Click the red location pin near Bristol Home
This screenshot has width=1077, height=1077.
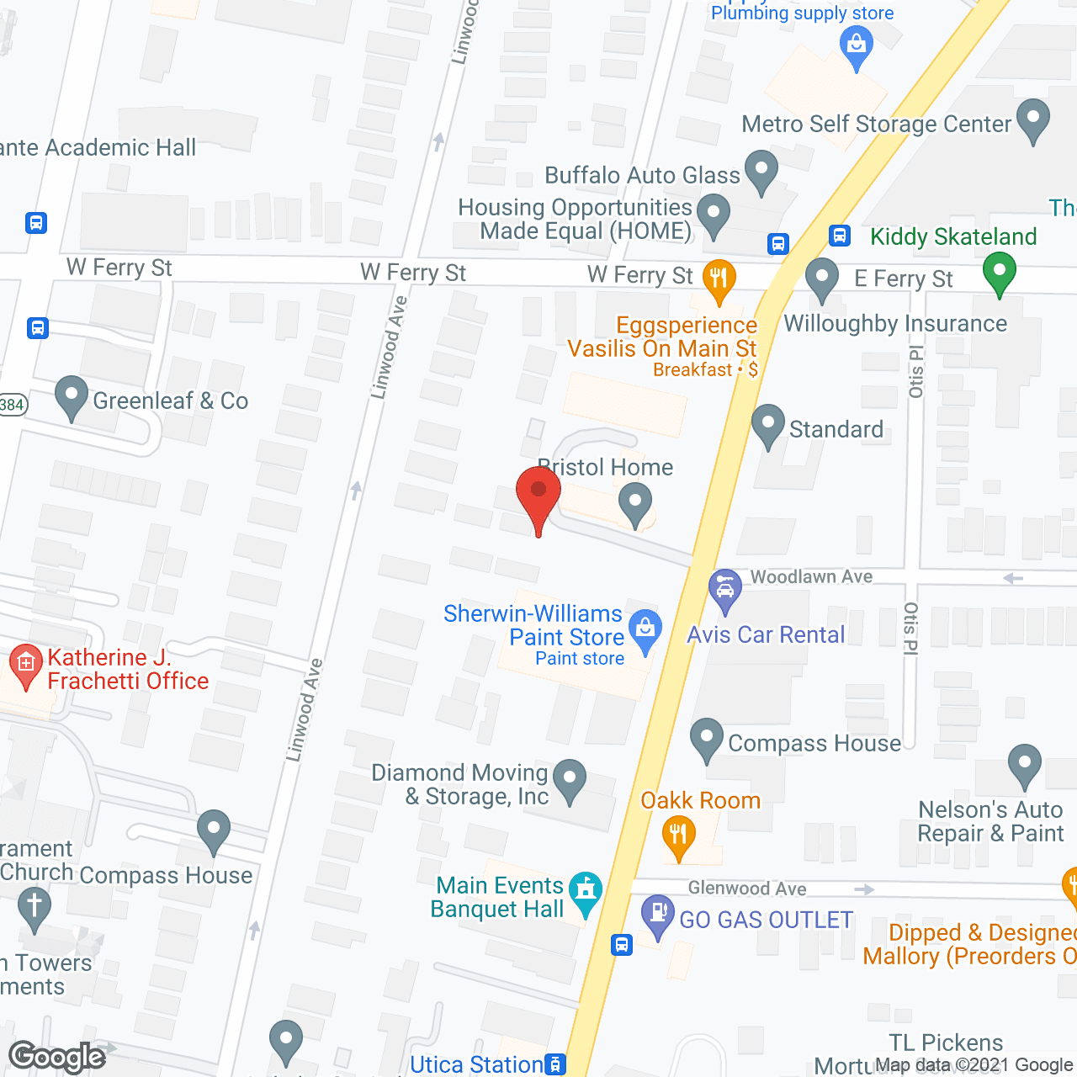pos(538,492)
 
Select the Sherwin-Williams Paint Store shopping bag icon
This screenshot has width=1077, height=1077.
pos(645,629)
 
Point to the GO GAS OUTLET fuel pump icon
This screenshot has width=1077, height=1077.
pos(658,914)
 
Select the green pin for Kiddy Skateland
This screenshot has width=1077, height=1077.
pos(999,273)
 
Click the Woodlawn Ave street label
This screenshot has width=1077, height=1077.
pos(811,576)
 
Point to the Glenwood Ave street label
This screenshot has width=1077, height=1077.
pos(747,889)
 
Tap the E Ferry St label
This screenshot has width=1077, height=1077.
pos(904,279)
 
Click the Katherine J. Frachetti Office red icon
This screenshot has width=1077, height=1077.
pos(26,665)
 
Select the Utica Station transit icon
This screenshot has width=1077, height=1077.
pos(555,1064)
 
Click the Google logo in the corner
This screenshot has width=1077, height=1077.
pos(56,1057)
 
